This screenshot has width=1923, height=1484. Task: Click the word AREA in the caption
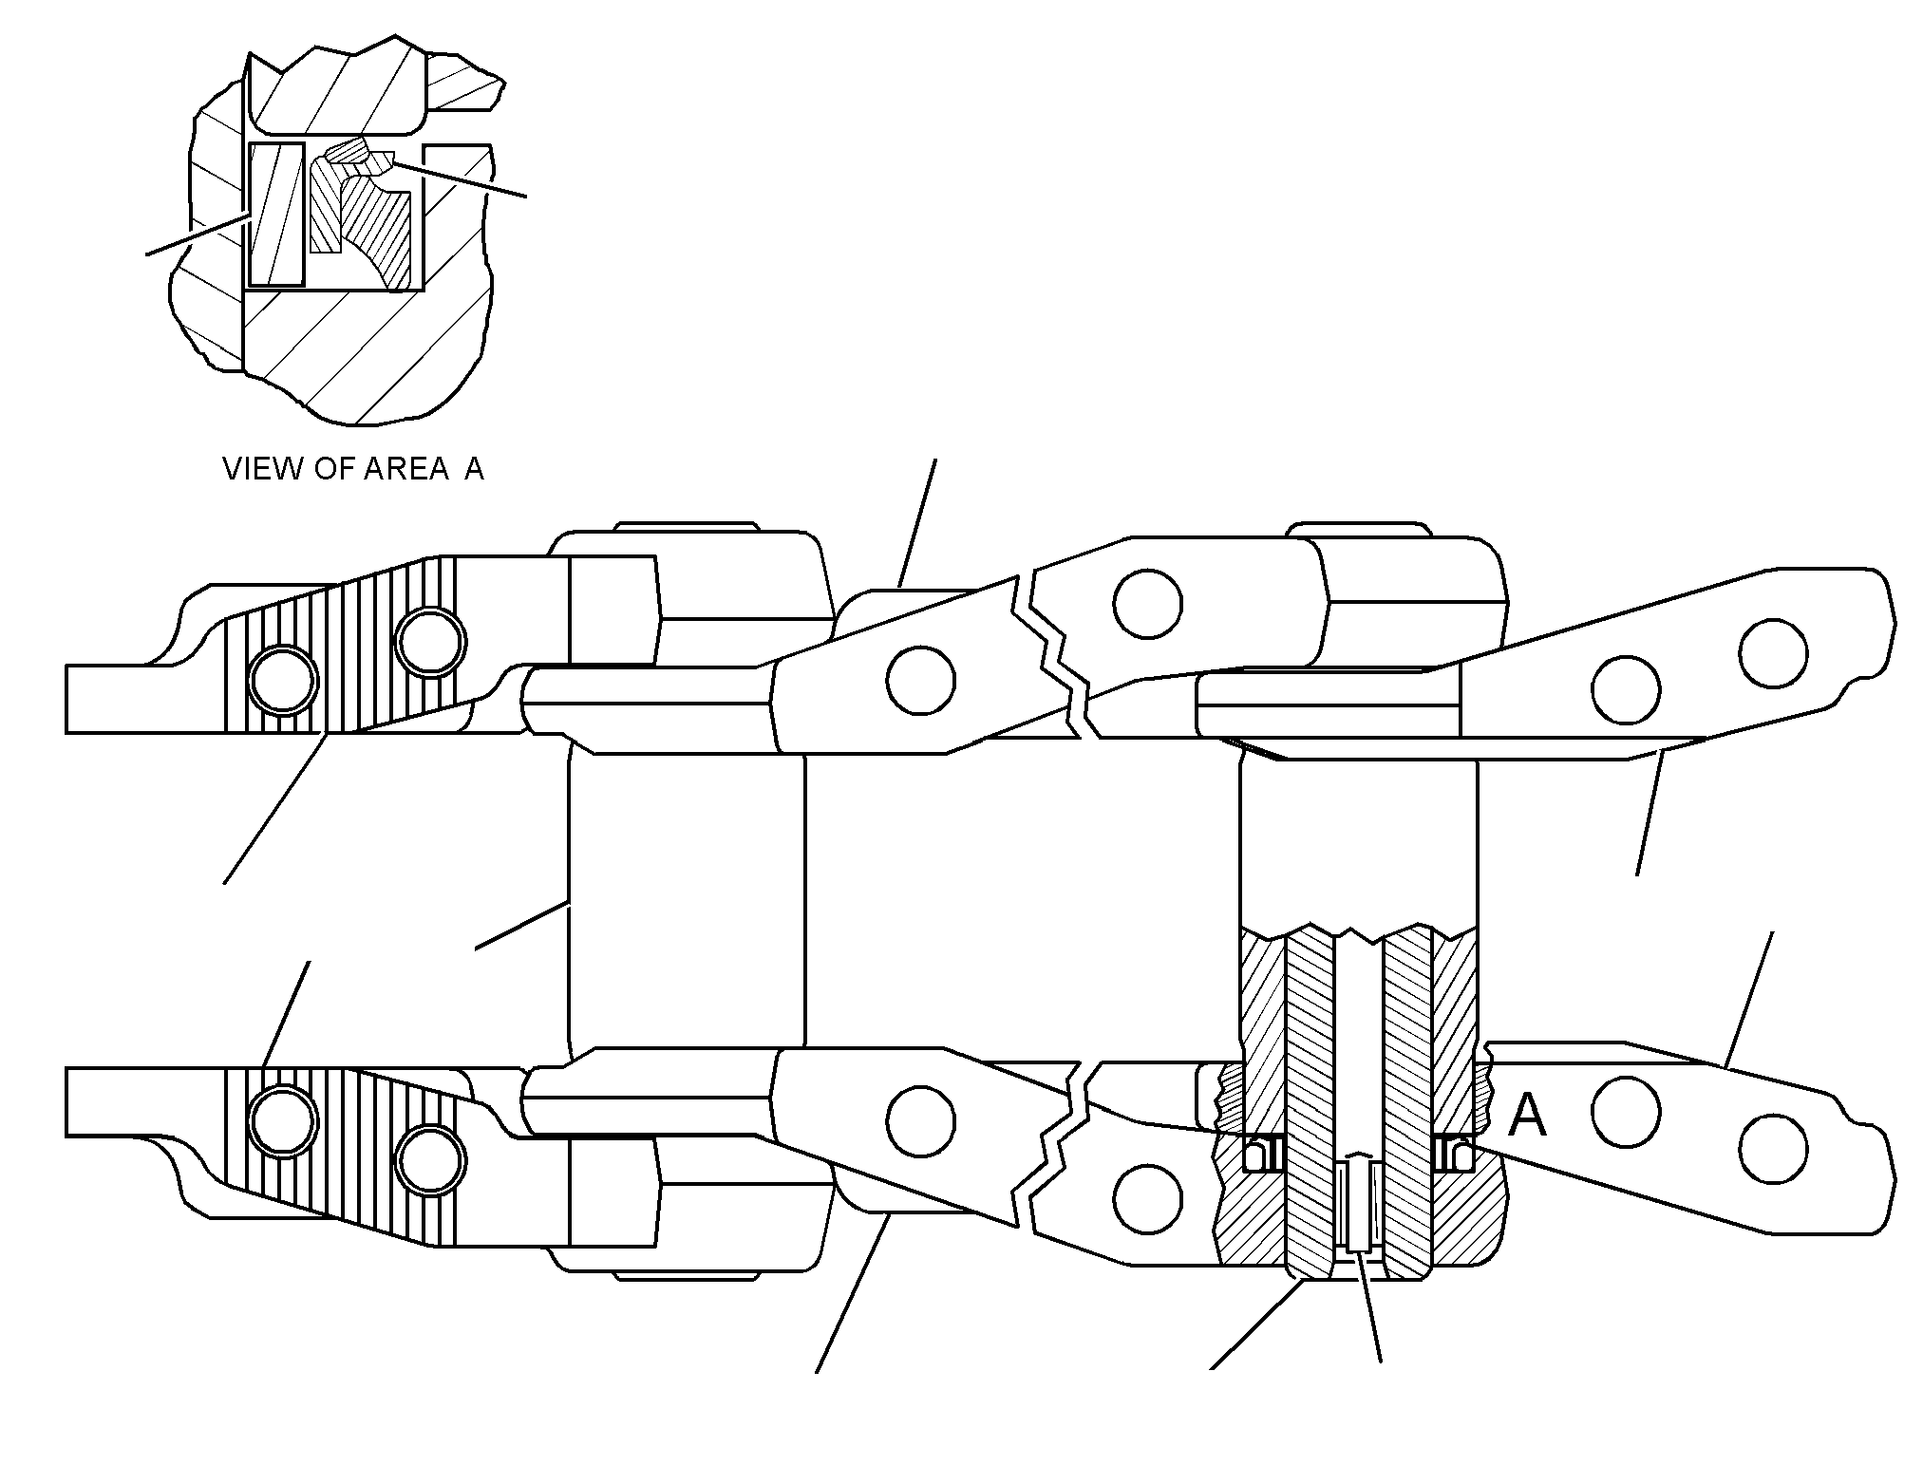pos(405,469)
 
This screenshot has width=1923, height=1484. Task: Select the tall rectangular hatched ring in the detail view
pos(276,215)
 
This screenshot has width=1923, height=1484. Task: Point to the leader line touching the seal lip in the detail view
pos(460,179)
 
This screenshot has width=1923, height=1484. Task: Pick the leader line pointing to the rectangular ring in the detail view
pos(198,235)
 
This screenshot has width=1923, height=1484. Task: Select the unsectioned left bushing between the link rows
pos(686,896)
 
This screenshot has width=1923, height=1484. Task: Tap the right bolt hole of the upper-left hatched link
pos(432,643)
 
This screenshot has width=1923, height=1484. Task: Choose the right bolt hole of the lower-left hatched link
pos(432,1159)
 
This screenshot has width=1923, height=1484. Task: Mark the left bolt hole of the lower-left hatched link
pos(281,1122)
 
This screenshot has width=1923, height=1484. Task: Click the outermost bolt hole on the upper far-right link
pos(1773,653)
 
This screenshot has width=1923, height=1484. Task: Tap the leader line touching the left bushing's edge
pos(521,924)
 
